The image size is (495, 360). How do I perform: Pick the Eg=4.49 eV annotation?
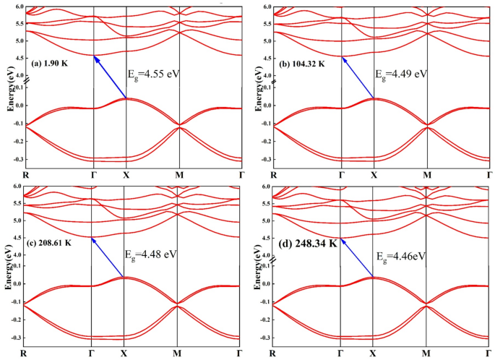tap(403, 73)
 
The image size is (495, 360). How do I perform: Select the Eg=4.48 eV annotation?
tap(152, 254)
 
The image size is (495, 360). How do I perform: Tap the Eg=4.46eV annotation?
tap(401, 256)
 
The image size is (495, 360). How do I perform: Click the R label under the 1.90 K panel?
tap(26, 174)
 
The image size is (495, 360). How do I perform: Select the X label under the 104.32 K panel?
tap(374, 174)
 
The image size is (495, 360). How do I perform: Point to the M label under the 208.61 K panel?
tap(177, 353)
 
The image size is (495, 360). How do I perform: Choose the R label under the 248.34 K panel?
tap(274, 353)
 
